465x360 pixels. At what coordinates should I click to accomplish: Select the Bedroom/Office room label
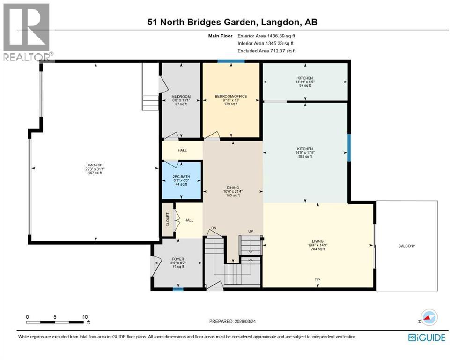(231, 100)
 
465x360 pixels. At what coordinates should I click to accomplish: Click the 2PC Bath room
(182, 180)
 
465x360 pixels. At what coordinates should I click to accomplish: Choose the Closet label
(168, 220)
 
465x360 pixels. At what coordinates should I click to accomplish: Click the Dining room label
(233, 191)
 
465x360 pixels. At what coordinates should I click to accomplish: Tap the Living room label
(317, 245)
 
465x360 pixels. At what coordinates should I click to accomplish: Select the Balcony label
(406, 246)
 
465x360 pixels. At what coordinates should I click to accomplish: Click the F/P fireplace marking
(317, 280)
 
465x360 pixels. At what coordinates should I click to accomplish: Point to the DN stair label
(214, 228)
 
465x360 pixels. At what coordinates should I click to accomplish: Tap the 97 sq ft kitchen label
(305, 82)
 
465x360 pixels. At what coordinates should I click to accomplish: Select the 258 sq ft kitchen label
(305, 152)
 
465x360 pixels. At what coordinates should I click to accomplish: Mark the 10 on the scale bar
(85, 317)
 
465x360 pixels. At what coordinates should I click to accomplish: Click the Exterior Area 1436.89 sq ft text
(266, 36)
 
